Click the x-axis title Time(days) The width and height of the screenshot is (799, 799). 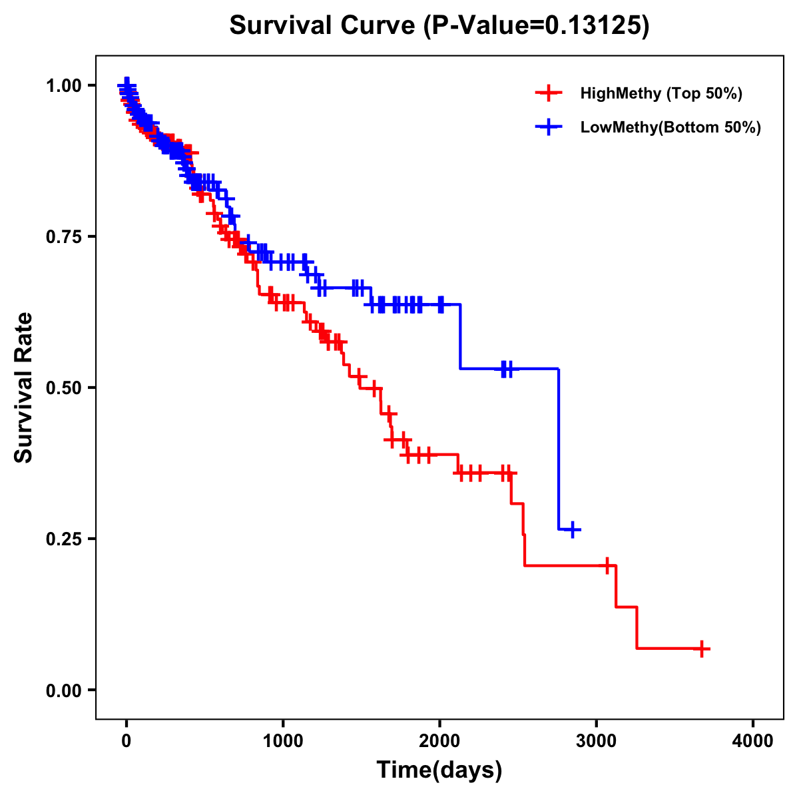pos(439,770)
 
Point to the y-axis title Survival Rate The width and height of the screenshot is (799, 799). pos(24,388)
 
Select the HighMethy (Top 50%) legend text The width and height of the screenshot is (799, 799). pos(661,93)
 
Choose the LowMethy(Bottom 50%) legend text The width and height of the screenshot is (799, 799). pos(670,127)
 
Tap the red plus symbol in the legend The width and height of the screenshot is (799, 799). pos(549,93)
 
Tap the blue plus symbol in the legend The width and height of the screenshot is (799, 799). pos(549,127)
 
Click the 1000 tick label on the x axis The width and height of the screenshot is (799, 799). pos(283,741)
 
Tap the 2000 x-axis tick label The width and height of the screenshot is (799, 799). pos(439,741)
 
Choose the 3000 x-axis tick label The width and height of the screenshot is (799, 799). pos(596,741)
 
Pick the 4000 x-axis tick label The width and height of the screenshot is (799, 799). pos(752,741)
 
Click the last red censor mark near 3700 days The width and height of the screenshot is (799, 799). pos(702,649)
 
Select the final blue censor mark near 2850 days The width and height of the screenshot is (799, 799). pos(572,529)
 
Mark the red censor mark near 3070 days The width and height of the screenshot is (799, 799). pos(607,565)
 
